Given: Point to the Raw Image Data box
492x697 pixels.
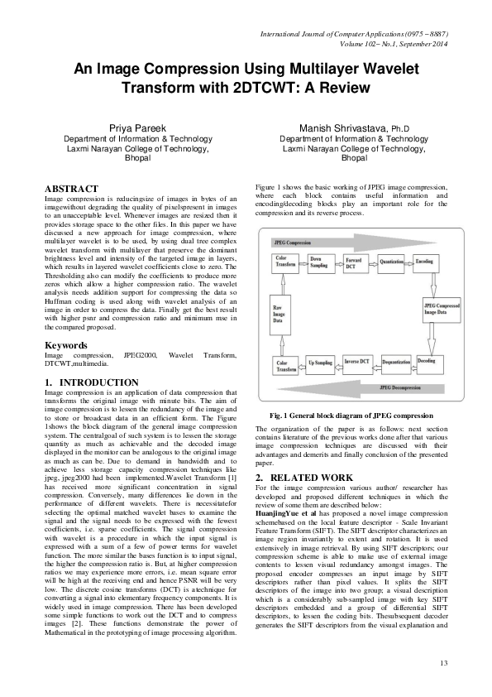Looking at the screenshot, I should (x=284, y=316).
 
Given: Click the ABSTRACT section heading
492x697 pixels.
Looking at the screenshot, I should (x=71, y=190).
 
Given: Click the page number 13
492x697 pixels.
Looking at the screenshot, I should (x=444, y=662).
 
